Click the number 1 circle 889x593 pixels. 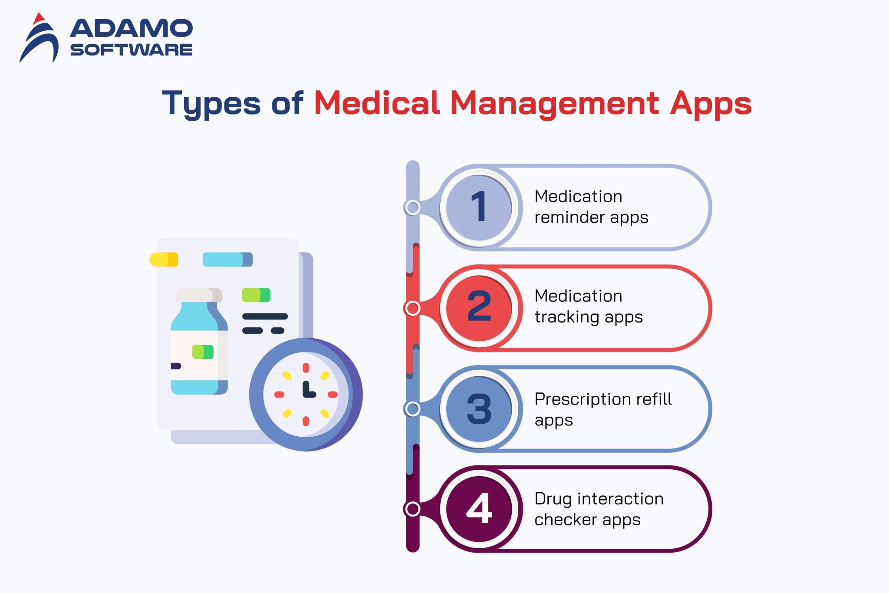point(479,208)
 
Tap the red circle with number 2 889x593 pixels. point(479,308)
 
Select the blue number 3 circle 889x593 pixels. point(479,409)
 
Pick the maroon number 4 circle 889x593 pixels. point(479,509)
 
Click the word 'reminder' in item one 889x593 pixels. point(569,217)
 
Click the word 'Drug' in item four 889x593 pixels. point(553,499)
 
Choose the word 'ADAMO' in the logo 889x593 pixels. point(131,29)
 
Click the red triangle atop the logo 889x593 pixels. point(39,18)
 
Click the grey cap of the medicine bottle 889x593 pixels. point(199,295)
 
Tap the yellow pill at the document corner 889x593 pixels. point(164,260)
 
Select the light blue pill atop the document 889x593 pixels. point(227,260)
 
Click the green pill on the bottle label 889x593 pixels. point(203,352)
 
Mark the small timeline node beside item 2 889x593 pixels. point(412,308)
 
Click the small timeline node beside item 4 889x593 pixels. point(412,509)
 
